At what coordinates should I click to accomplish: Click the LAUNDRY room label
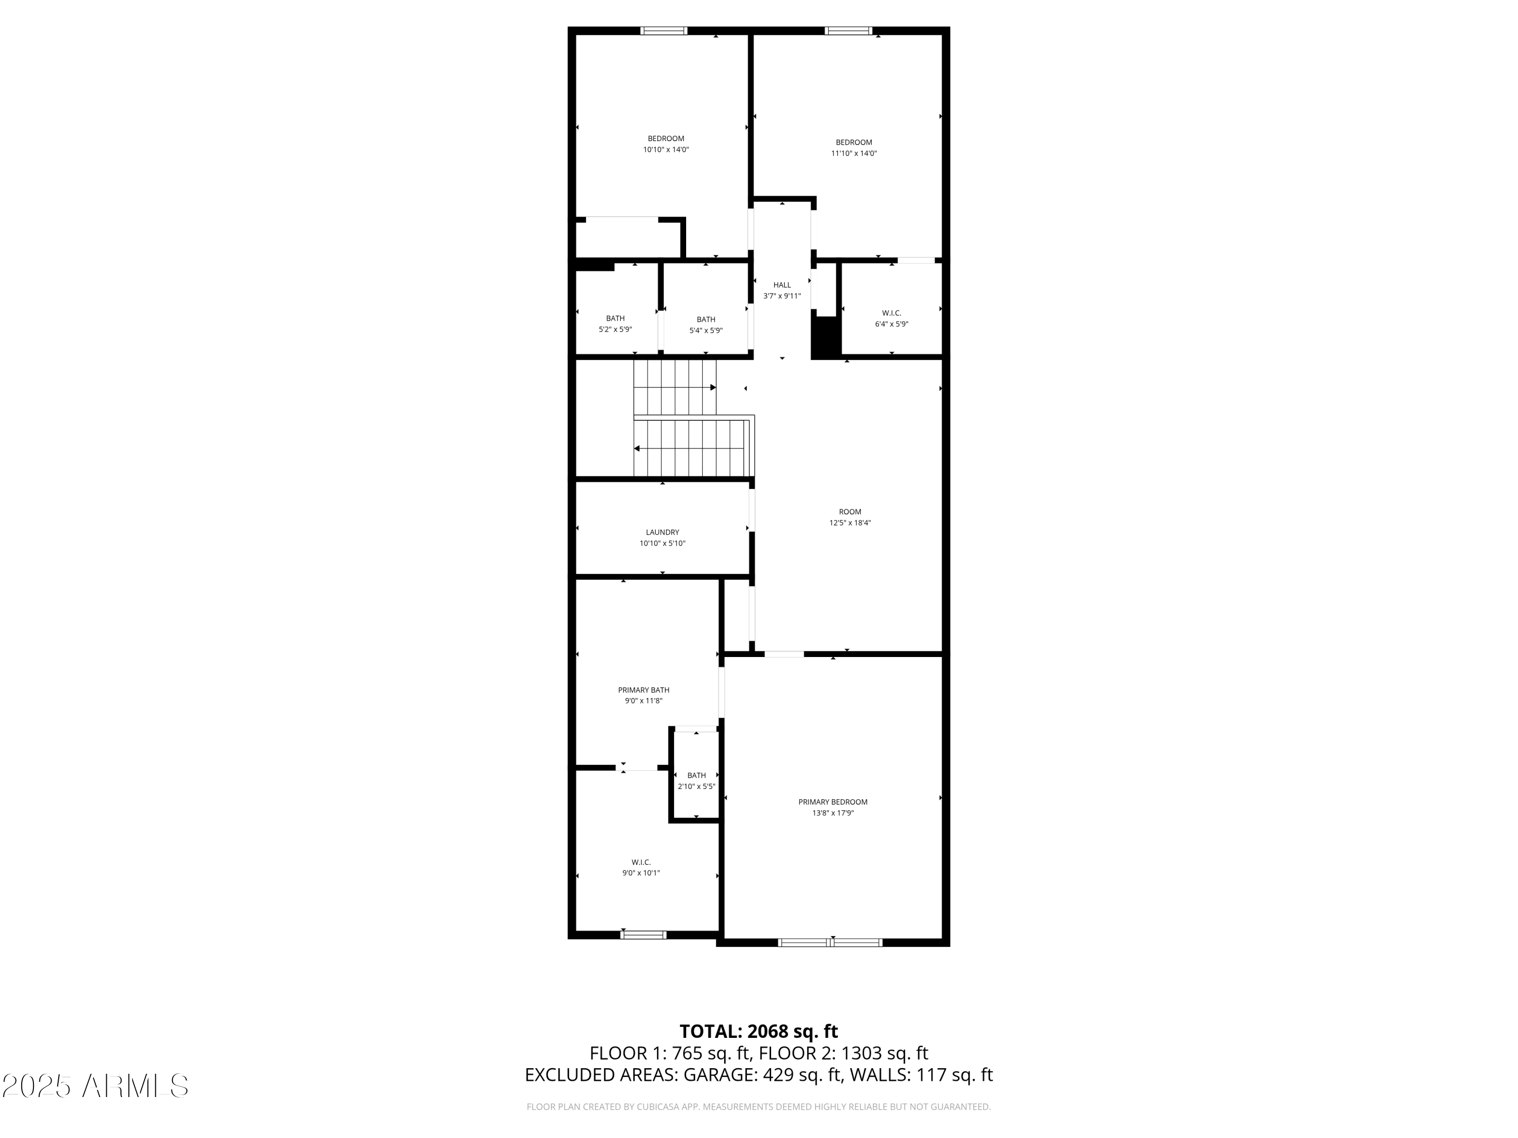(x=662, y=532)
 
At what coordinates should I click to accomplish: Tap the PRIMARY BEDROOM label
(x=832, y=802)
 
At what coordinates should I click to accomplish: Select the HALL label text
(x=782, y=285)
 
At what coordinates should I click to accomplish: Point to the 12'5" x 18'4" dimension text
(x=850, y=522)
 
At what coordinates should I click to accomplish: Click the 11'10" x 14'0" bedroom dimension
(x=854, y=154)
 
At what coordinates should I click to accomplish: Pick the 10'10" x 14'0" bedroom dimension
(x=666, y=150)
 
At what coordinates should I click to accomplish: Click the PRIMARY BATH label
(x=643, y=690)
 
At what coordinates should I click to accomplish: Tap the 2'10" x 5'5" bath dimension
(x=696, y=787)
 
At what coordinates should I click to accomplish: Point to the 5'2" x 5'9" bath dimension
(x=615, y=330)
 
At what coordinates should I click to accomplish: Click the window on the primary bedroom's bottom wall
(x=830, y=942)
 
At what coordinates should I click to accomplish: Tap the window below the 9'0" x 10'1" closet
(x=643, y=935)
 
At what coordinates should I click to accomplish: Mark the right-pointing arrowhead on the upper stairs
(x=713, y=387)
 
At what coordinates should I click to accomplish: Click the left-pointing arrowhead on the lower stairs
(x=637, y=449)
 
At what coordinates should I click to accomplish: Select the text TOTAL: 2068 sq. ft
(x=758, y=1032)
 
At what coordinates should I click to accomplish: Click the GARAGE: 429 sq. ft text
(x=762, y=1075)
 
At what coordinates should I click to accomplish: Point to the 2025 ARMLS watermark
(x=96, y=1086)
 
